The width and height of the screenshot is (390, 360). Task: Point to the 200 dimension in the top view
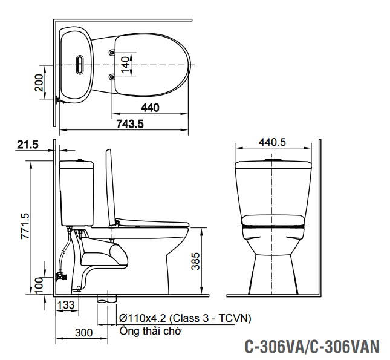(40, 83)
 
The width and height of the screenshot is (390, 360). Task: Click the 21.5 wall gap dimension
(28, 145)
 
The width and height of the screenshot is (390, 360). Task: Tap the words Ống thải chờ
(150, 331)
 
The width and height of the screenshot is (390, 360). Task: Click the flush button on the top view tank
(80, 64)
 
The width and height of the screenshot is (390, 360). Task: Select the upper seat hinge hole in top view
(112, 53)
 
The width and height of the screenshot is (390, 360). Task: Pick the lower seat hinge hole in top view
(112, 76)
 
